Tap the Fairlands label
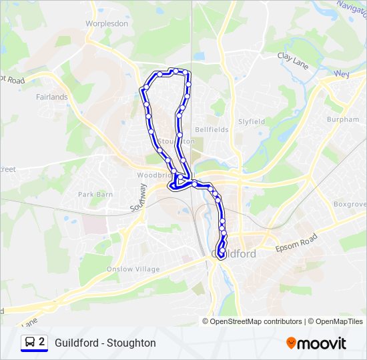pos(52,97)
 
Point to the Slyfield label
pos(252,121)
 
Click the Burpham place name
pos(342,119)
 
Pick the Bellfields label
pos(212,129)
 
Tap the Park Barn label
pos(95,194)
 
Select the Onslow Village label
pos(133,269)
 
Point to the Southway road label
pos(137,199)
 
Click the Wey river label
pos(342,73)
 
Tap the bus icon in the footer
pos(30,343)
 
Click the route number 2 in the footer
pos(41,342)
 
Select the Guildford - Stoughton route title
pos(105,343)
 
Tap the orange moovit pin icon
pos(291,343)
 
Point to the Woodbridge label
pos(149,175)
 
